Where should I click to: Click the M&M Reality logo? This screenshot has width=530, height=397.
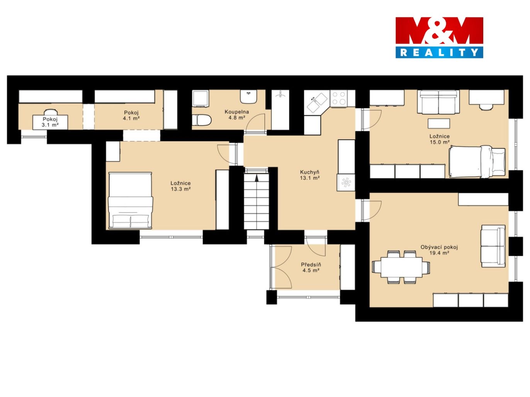[x=439, y=37]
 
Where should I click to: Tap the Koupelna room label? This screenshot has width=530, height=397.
[x=237, y=112]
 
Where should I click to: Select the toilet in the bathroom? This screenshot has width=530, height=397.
[x=202, y=120]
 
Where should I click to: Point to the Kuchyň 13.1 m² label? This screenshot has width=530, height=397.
[x=309, y=175]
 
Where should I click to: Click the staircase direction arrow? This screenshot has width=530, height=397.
[x=257, y=178]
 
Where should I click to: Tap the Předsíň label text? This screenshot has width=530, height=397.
[x=311, y=265]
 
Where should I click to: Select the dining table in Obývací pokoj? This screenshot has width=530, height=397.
[x=401, y=267]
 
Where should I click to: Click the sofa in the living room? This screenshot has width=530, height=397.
[x=493, y=246]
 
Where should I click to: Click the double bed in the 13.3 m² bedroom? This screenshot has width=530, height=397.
[x=131, y=200]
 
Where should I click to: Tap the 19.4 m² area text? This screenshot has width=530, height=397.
[x=439, y=253]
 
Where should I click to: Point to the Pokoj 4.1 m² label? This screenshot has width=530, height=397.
[x=131, y=115]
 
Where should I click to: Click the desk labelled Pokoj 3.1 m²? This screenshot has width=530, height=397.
[x=50, y=122]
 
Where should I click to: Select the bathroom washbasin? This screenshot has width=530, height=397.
[x=248, y=97]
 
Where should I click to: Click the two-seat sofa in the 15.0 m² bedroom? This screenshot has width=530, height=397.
[x=438, y=102]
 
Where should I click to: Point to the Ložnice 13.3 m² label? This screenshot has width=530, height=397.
[x=181, y=186]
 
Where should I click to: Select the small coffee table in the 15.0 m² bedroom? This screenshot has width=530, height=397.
[x=439, y=123]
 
